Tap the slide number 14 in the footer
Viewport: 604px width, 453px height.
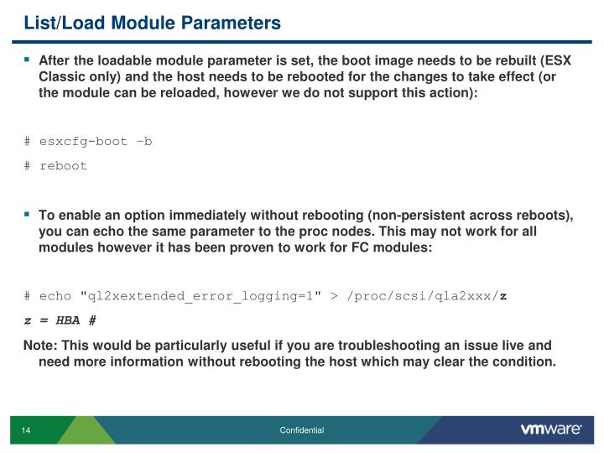[x=26, y=430]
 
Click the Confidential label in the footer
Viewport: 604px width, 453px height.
[x=302, y=430]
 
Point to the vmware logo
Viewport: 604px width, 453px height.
[x=551, y=430]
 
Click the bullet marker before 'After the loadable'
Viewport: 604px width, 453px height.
[x=27, y=60]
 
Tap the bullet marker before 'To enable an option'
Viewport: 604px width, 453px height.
[x=27, y=214]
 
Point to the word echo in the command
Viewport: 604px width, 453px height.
[x=55, y=295]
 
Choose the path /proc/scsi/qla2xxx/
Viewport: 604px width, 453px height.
[x=419, y=295]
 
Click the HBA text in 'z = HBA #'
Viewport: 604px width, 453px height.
[x=70, y=320]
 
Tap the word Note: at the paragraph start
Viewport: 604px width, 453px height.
[x=39, y=345]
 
